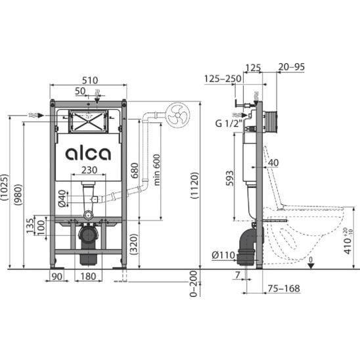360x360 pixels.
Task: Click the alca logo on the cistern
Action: [88, 153]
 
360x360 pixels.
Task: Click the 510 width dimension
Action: [90, 80]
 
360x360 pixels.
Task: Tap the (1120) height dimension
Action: [194, 185]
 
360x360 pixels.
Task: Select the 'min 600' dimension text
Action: [156, 169]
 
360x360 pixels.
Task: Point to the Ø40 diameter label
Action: [62, 198]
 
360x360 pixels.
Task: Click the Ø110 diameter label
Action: [223, 255]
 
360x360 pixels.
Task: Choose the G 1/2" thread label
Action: [229, 124]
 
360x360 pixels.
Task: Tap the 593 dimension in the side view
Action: [229, 178]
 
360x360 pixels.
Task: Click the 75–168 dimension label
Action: [284, 288]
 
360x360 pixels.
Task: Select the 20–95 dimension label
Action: [292, 67]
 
